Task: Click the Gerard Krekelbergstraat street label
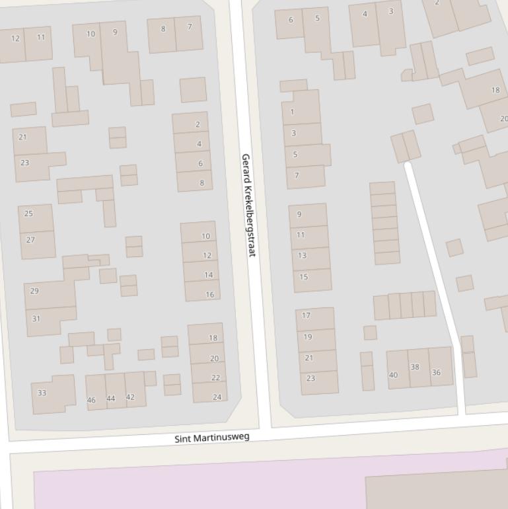tap(248, 206)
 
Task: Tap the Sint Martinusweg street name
tap(212, 438)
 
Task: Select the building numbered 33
tap(42, 393)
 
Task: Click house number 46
tap(91, 400)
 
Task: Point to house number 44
tap(111, 398)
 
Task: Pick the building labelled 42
tap(130, 397)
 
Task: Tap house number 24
tap(217, 397)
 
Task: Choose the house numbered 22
tap(215, 377)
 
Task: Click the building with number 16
tap(209, 295)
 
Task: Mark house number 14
tap(208, 275)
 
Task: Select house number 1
tap(293, 112)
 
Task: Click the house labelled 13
tap(302, 255)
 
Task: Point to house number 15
tap(304, 277)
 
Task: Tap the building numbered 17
tap(306, 315)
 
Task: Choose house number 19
tap(308, 336)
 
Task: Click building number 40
tap(394, 375)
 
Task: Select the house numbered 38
tap(415, 367)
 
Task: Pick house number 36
tap(436, 372)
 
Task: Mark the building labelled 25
tap(28, 214)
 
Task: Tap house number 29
tap(34, 291)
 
